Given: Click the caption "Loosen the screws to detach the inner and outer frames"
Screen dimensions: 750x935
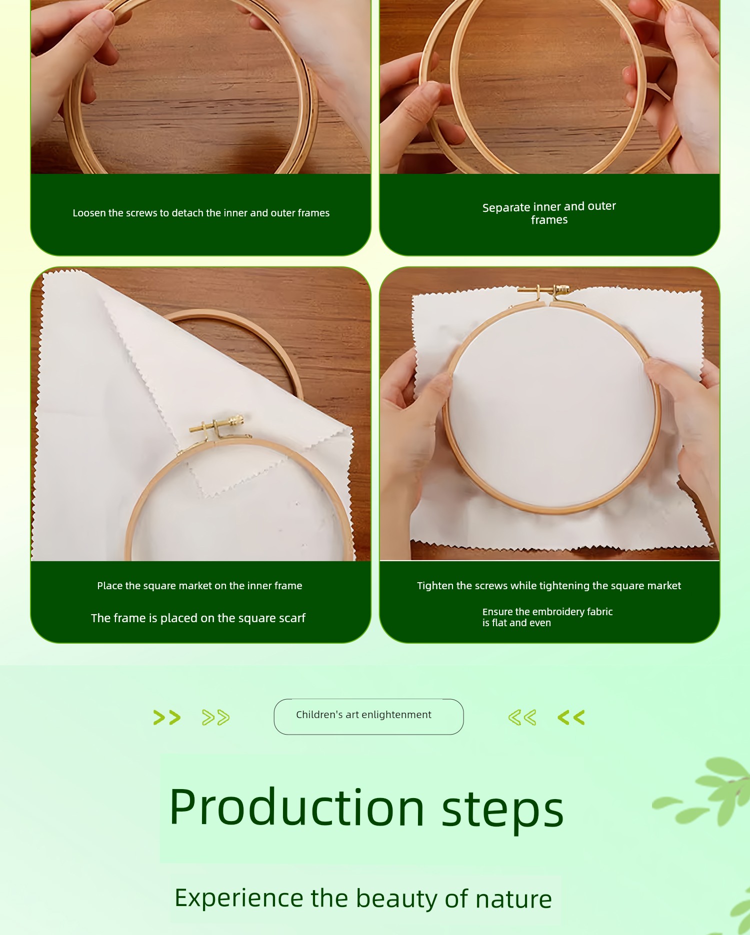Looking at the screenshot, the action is coord(201,213).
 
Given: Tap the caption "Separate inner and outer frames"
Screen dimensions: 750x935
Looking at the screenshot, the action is coord(549,213).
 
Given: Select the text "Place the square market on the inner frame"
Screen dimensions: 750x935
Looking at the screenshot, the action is coord(199,586).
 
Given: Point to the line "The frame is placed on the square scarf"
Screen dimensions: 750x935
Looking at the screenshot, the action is coord(198,618).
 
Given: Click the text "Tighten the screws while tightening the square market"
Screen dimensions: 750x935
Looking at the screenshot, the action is coord(549,586).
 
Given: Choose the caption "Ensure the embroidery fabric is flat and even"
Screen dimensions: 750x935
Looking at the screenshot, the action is coord(547,617).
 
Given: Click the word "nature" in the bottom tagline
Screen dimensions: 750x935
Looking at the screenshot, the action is coord(513,899).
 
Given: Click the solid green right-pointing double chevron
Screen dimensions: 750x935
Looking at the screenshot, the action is coord(167,718).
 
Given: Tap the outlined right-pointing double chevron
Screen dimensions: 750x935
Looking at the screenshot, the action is coord(216,718).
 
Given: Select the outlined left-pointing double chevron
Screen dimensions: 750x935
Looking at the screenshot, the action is coord(522,718).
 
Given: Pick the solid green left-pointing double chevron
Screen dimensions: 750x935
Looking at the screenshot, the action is coord(571,718).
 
